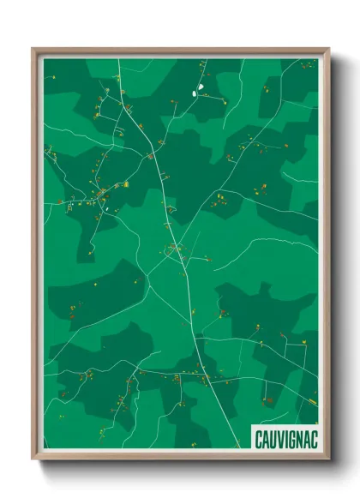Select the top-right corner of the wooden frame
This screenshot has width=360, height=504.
[x=327, y=50]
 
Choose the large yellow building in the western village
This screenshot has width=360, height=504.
[x=126, y=183]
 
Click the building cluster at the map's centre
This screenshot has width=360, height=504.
[x=176, y=250]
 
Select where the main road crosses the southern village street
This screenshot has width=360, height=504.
[x=203, y=375]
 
